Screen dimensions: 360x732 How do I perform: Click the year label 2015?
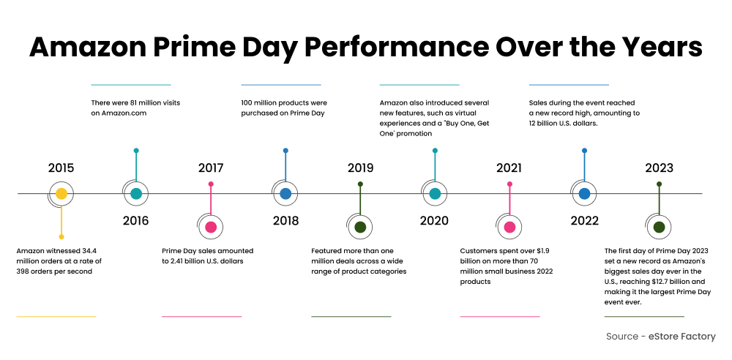coord(61,168)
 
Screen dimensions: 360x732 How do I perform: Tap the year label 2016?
coord(135,220)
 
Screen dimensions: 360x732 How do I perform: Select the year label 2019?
coord(360,168)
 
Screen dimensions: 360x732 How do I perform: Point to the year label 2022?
coord(584,220)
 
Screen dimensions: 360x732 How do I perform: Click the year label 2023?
coord(659,168)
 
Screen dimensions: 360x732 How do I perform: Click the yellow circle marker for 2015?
coord(61,194)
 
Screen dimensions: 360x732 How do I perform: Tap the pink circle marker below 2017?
coord(211,227)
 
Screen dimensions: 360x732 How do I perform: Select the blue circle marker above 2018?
coord(285,194)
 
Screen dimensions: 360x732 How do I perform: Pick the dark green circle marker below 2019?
coord(360,227)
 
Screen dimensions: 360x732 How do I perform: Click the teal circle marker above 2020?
coord(435,194)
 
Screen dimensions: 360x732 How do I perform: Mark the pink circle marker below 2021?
coord(509,227)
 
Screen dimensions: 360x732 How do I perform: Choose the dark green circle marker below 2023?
coord(659,227)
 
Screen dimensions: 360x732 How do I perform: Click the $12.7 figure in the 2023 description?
coord(656,281)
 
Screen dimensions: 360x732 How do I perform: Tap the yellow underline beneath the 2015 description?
coord(56,316)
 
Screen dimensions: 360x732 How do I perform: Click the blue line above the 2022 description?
coord(569,85)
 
